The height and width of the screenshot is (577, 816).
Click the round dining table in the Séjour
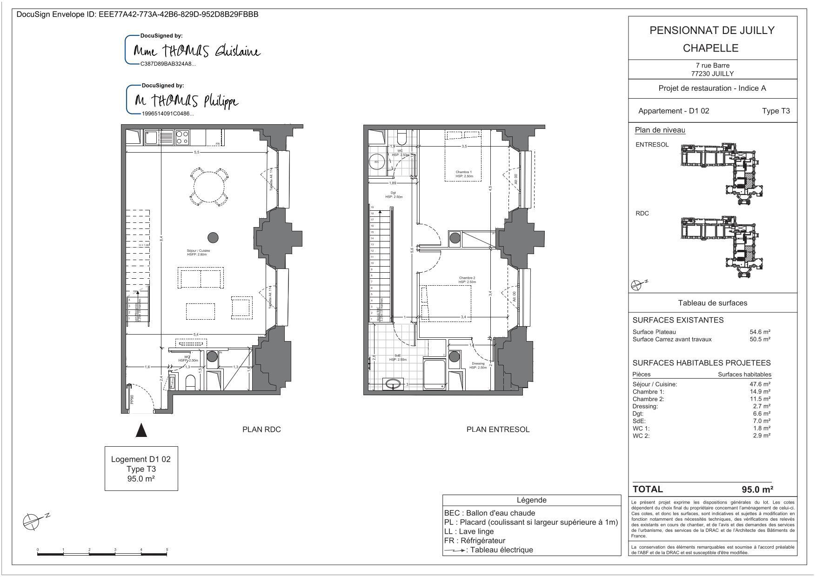coord(208,187)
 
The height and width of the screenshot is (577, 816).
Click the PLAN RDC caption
coord(261,429)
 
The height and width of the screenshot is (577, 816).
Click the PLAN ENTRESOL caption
coord(498,429)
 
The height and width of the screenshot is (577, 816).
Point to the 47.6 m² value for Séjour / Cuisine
coord(760,384)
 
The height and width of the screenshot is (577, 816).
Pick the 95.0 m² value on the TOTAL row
coord(757,490)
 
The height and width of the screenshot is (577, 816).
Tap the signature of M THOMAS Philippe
coord(186,101)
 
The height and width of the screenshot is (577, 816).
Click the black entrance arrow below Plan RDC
coord(141,430)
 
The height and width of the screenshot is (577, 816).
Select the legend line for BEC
coord(489,513)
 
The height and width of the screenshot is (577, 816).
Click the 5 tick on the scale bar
coord(167,550)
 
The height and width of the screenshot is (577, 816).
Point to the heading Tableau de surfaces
coord(712,303)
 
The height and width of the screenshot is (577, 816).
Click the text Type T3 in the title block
coord(776,111)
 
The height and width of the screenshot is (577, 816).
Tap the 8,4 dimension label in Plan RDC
coord(161,238)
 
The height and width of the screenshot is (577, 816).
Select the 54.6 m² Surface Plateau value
coord(760,332)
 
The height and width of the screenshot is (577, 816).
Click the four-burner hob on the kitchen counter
coord(182,137)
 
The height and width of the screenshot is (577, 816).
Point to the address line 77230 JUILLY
coord(712,74)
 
